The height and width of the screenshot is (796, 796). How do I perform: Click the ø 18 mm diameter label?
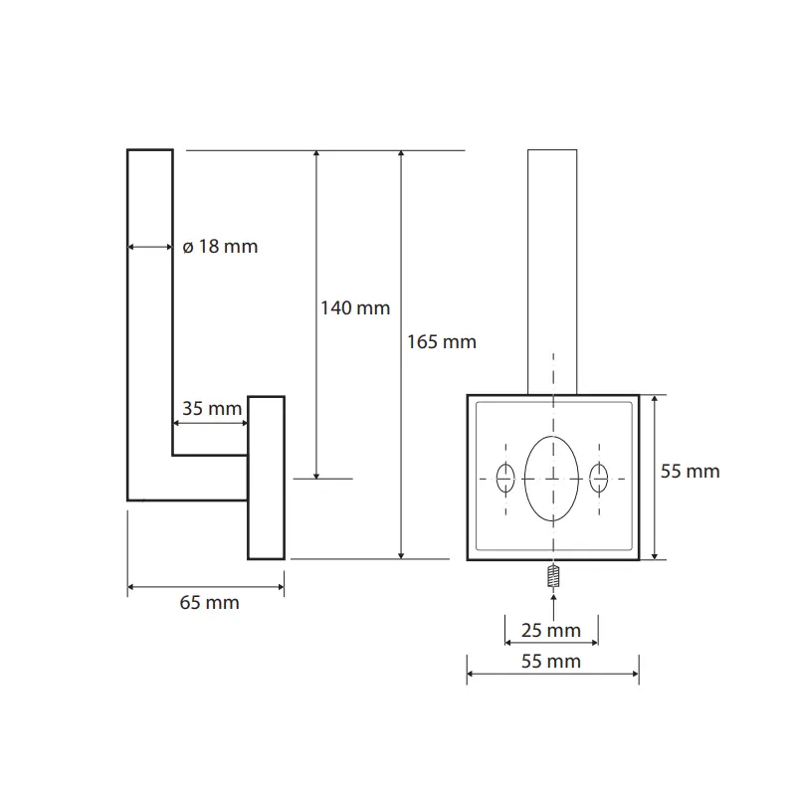pos(220,247)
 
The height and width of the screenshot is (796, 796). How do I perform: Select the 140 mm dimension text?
pos(355,308)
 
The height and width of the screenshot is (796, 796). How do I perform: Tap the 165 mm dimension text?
pos(442,342)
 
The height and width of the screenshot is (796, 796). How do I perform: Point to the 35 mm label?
pos(212,408)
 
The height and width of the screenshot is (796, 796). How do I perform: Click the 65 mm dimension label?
pos(209,603)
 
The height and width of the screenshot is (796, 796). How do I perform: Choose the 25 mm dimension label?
pos(551,631)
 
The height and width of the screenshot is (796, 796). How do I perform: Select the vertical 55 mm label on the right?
pos(690,472)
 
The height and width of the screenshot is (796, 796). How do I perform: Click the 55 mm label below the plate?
pos(551,662)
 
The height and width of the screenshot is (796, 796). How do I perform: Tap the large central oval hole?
pos(551,479)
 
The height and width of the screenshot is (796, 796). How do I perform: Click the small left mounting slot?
pos(505,479)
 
